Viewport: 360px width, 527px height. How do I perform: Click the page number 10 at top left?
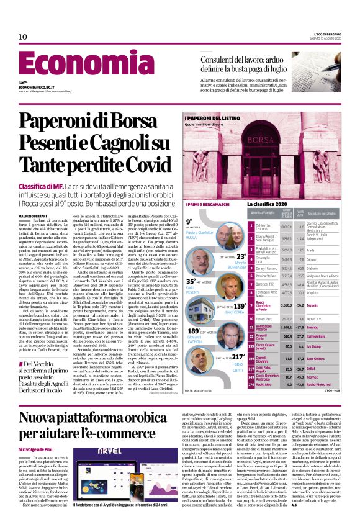[x=23, y=37]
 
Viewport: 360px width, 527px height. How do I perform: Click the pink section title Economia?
[x=78, y=66]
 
